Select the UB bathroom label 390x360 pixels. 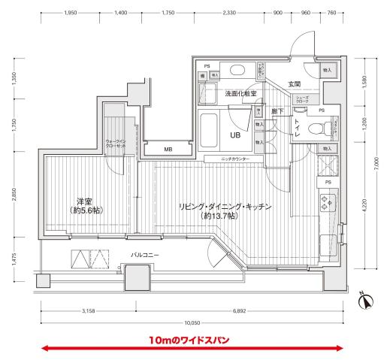[234, 136]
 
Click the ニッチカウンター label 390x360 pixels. [237, 159]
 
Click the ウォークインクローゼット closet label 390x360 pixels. [115, 144]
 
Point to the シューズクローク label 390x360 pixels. [302, 100]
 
